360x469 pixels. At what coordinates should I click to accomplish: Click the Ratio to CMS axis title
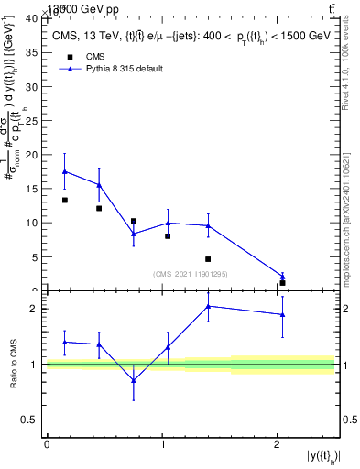(x=13, y=365)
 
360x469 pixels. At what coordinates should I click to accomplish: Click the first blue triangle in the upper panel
(x=64, y=171)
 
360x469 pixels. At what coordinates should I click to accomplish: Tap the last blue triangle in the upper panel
(x=282, y=276)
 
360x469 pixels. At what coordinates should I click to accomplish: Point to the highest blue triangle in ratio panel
(x=208, y=306)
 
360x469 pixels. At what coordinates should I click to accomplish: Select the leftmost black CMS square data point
(x=64, y=200)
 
